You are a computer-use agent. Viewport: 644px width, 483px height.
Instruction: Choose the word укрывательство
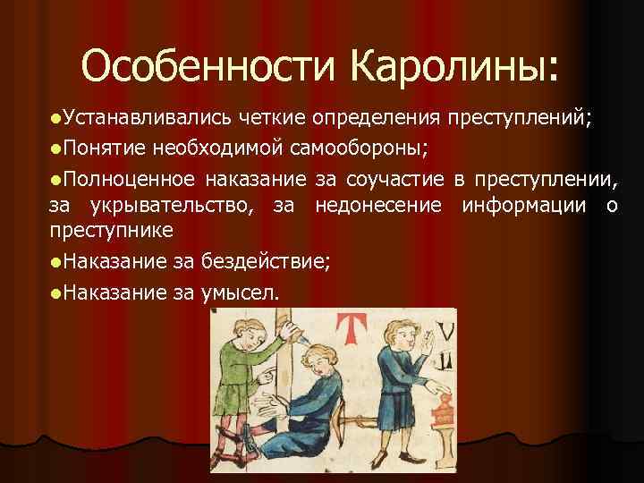[x=169, y=207]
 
